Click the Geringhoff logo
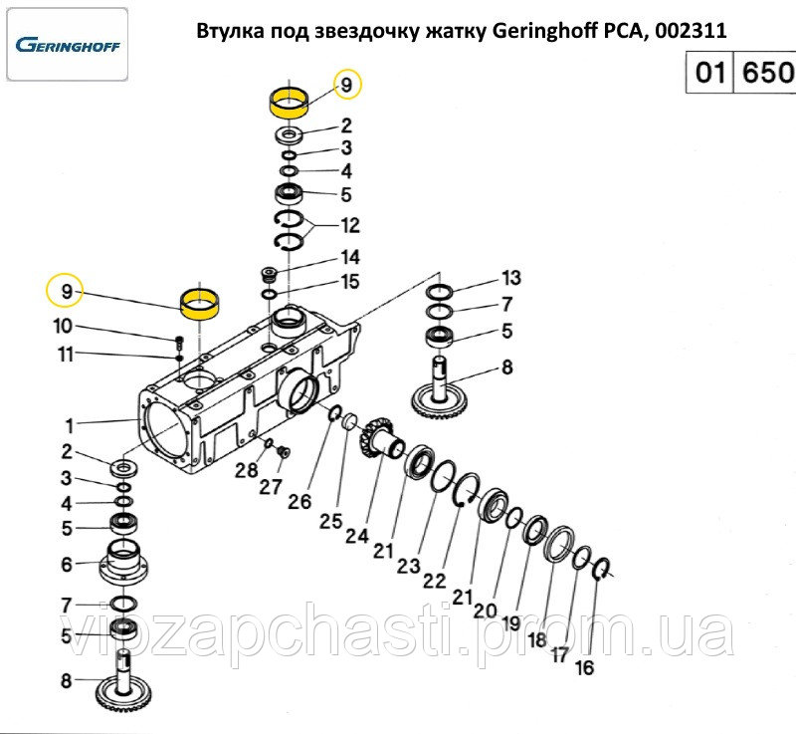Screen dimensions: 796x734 click(x=68, y=45)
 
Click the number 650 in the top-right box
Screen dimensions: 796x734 click(x=767, y=72)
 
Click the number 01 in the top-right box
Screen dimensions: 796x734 click(x=709, y=72)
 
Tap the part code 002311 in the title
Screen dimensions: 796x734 click(x=691, y=31)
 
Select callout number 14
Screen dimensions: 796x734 click(x=350, y=257)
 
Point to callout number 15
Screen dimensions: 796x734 click(x=350, y=282)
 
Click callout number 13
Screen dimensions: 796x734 click(x=511, y=277)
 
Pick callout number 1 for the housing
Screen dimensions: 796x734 click(x=70, y=425)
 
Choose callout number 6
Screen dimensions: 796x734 click(x=67, y=564)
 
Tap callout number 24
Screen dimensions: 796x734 click(x=357, y=536)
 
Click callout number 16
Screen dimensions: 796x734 click(x=584, y=667)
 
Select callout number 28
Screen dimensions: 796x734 click(x=246, y=470)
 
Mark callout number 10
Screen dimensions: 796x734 click(x=63, y=326)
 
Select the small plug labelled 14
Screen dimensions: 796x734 click(x=268, y=276)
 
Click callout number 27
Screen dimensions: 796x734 click(x=271, y=487)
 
